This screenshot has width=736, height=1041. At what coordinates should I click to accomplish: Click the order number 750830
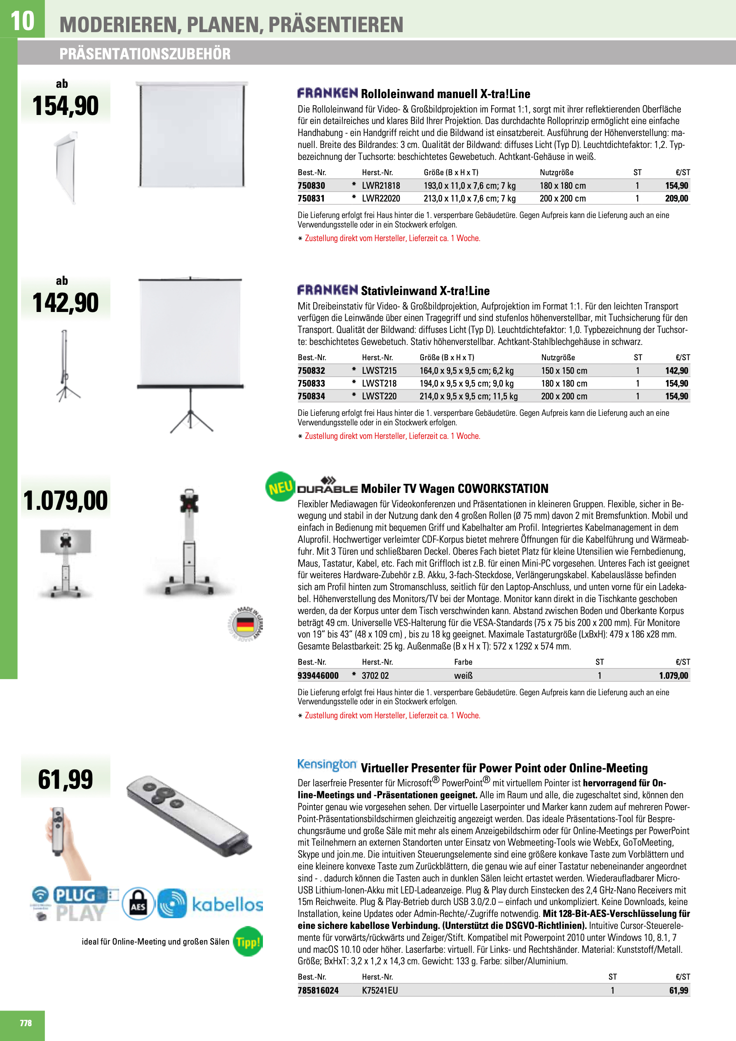(311, 185)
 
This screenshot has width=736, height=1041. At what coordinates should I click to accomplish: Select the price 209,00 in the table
(676, 198)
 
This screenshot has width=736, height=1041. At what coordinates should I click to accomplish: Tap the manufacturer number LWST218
(379, 383)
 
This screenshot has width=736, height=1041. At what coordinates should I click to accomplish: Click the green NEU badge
(280, 487)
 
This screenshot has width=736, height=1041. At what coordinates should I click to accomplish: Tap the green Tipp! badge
(248, 941)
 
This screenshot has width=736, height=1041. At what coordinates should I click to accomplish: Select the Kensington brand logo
(327, 764)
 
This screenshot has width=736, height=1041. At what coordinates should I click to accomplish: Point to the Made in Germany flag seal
(245, 625)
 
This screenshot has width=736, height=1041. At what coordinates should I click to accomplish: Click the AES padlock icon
(138, 903)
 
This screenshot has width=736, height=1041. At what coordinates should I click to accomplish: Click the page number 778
(26, 1023)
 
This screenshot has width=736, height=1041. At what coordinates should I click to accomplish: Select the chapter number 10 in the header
(22, 21)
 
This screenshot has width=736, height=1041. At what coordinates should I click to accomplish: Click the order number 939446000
(318, 675)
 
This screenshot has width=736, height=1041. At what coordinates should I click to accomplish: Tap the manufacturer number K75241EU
(380, 990)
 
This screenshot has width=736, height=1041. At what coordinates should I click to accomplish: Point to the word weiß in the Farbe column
(463, 675)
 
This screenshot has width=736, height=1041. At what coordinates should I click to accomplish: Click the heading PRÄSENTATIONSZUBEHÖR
(145, 54)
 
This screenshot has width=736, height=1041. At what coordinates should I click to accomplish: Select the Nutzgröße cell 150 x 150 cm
(564, 370)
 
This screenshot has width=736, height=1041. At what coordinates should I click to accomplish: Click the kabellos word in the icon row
(227, 905)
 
